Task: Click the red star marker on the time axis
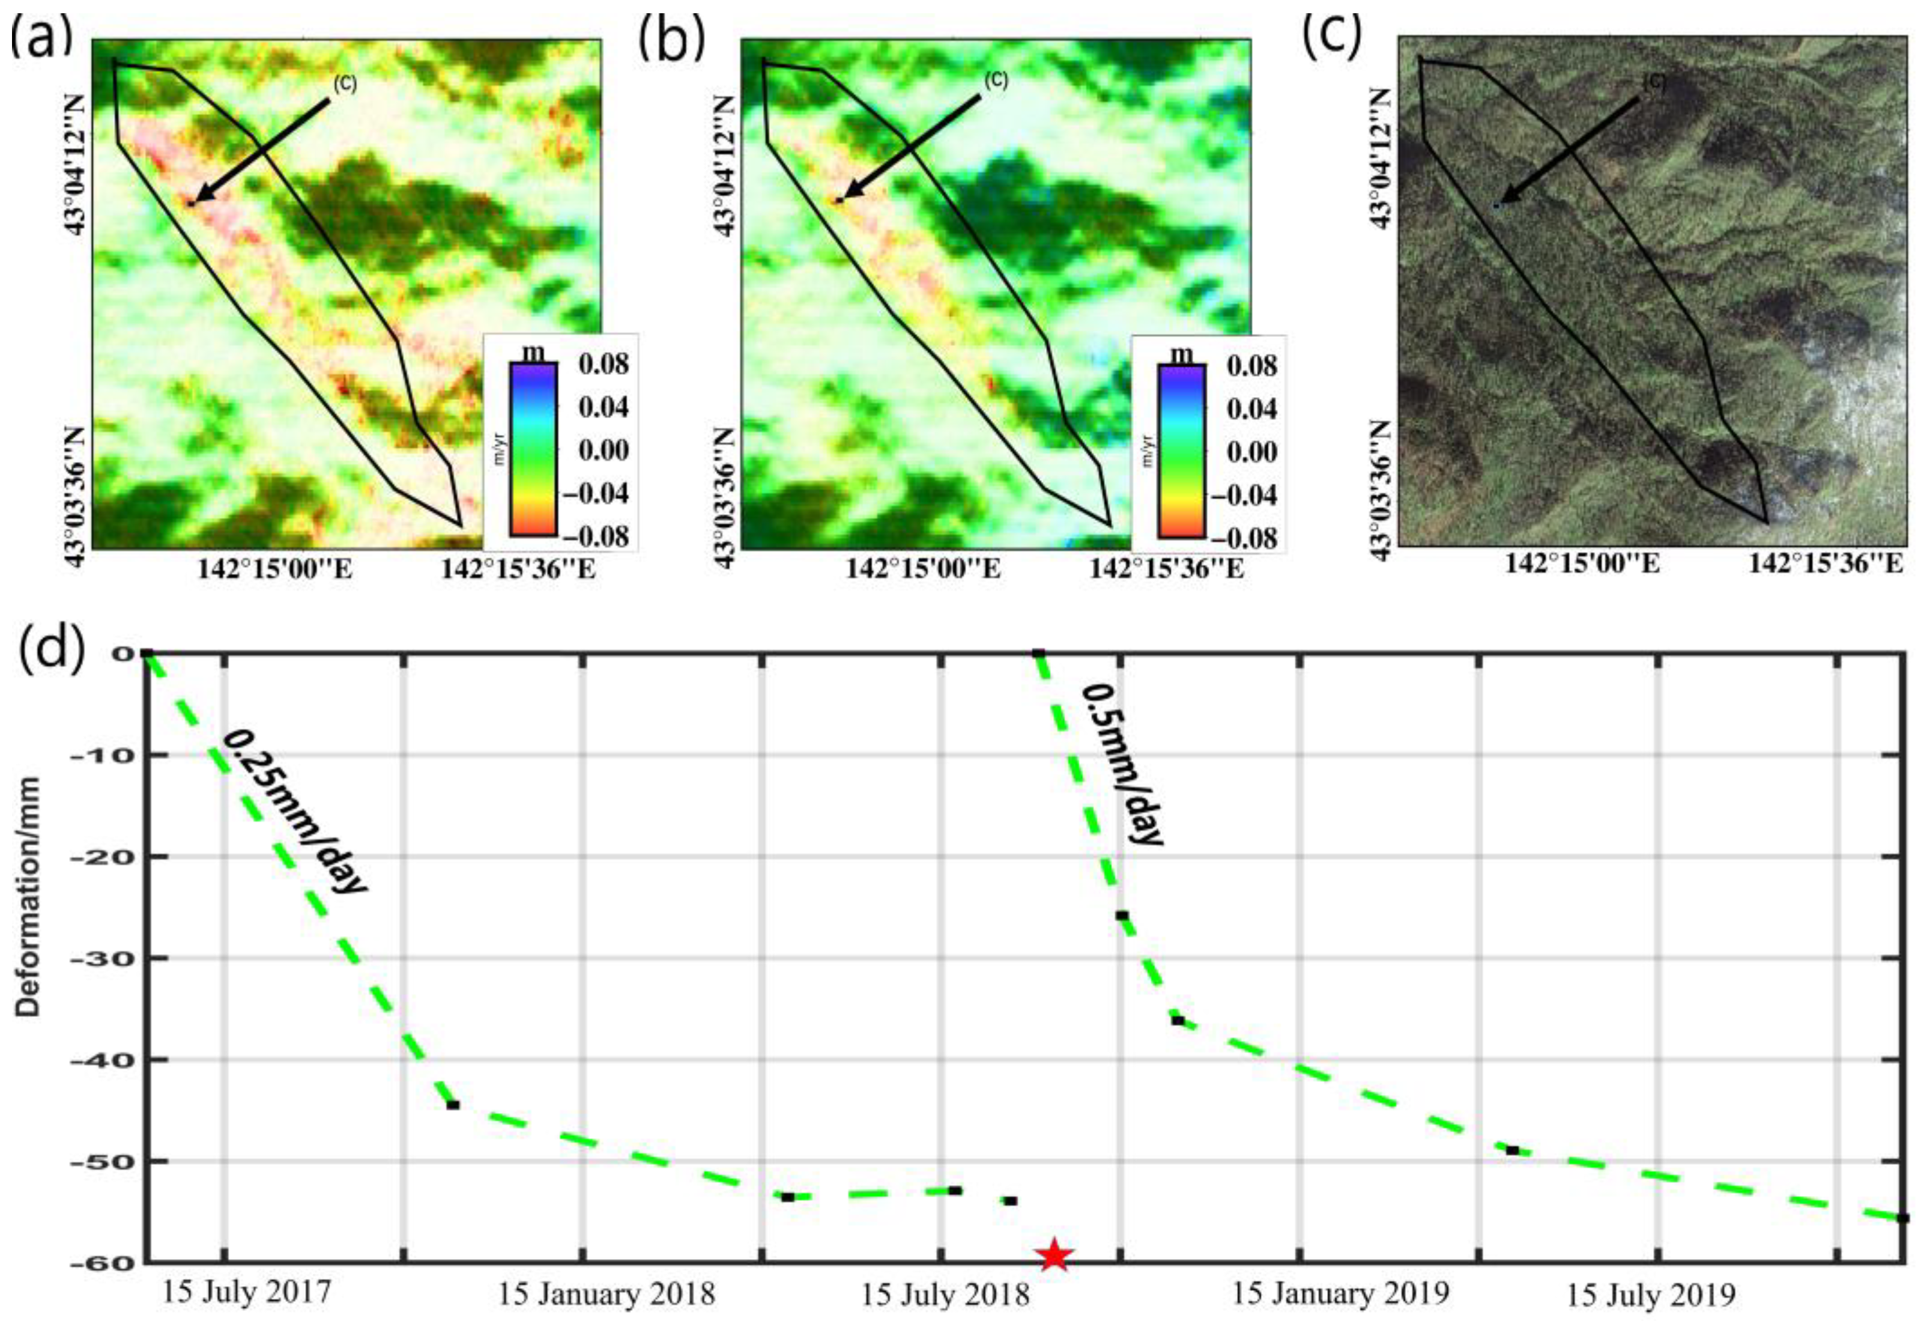tap(1053, 1255)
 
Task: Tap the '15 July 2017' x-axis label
tap(246, 1291)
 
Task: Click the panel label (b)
tap(670, 40)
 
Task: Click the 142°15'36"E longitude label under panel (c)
tap(1824, 563)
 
